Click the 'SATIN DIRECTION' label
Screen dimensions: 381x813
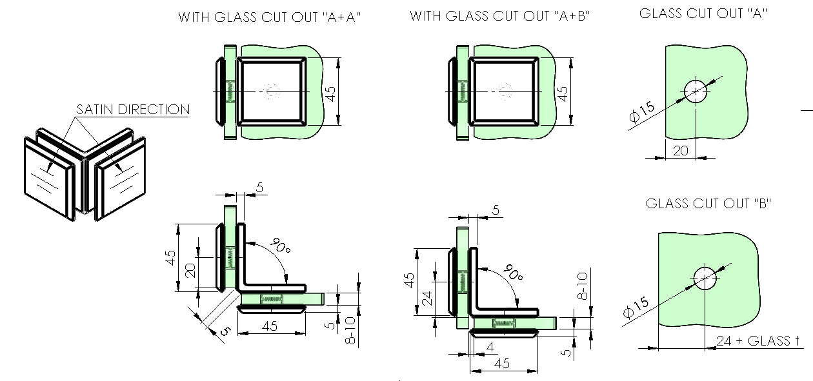(x=133, y=110)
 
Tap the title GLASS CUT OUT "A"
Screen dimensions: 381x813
(x=703, y=13)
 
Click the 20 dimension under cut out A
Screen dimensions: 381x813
(x=681, y=150)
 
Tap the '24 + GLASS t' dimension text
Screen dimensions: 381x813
(x=758, y=341)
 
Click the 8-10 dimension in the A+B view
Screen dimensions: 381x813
(x=582, y=286)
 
